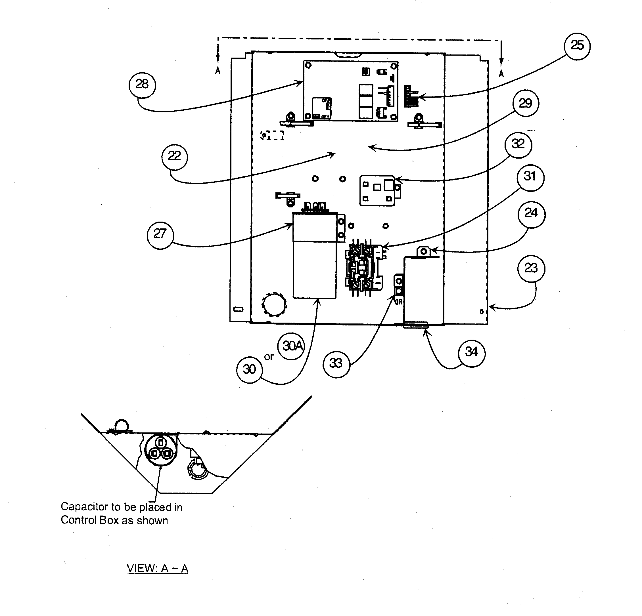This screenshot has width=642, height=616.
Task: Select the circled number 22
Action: coord(175,156)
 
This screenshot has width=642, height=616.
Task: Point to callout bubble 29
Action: coord(525,104)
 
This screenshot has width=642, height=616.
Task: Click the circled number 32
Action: coord(518,144)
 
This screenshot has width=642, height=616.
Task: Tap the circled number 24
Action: coord(531,214)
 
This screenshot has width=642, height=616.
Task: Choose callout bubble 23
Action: coord(531,268)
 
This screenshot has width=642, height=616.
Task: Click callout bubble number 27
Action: coord(160,234)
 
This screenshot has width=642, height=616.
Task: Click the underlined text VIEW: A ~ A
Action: coord(157,569)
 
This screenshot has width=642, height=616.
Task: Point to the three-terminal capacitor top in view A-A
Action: coord(160,449)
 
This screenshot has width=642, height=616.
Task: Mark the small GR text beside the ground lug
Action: coord(398,302)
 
